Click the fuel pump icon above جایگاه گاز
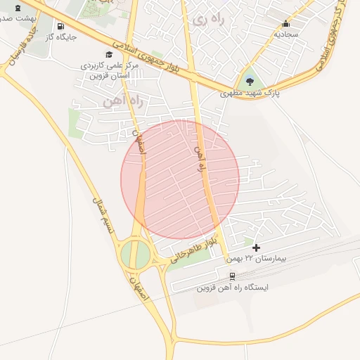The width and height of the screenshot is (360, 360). pyautogui.click(x=60, y=27)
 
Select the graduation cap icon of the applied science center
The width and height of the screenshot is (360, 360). pyautogui.click(x=109, y=54)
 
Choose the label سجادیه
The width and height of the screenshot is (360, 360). pyautogui.click(x=286, y=34)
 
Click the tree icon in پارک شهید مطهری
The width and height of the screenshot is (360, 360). pyautogui.click(x=250, y=81)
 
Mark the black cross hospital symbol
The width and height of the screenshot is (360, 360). pyautogui.click(x=256, y=247)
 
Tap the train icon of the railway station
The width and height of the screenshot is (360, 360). pyautogui.click(x=233, y=276)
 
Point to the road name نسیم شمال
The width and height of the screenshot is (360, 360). pyautogui.click(x=103, y=211)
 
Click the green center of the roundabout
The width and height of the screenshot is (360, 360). pyautogui.click(x=135, y=254)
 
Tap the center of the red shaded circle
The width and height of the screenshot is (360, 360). pyautogui.click(x=180, y=180)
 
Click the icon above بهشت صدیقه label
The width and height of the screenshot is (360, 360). pyautogui.click(x=18, y=7)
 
